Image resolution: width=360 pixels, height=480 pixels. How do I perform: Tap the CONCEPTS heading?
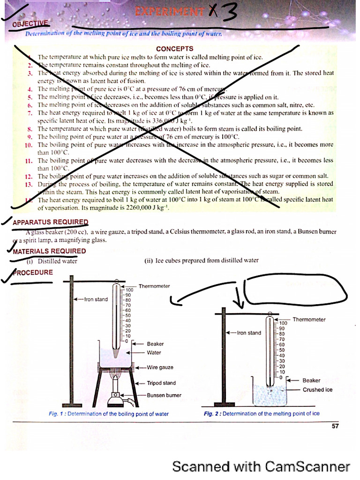(x=174, y=49)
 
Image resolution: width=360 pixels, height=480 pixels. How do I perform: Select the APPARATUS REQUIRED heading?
(x=50, y=222)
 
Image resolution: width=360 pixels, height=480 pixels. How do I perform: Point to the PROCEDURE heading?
(x=33, y=272)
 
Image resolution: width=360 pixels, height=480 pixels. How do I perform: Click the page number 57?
(x=334, y=426)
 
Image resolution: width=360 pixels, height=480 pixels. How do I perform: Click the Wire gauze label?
(x=160, y=367)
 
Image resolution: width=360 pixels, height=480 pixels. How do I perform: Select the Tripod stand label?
(x=161, y=383)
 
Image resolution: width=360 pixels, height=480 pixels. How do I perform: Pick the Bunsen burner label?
(x=164, y=395)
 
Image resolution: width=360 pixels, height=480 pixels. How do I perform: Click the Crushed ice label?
(x=317, y=390)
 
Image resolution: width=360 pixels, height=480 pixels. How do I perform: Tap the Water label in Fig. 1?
(x=154, y=352)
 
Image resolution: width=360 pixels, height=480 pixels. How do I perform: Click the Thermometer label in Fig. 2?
(x=309, y=320)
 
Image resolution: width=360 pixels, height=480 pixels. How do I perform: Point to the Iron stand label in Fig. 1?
(x=96, y=299)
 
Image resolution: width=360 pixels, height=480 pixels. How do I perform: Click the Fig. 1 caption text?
(x=109, y=414)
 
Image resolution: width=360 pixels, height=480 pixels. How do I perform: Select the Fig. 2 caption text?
(x=262, y=414)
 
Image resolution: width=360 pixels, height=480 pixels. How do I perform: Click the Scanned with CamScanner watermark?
(x=261, y=466)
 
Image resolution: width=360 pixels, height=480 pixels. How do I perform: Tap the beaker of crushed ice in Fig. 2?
(x=269, y=393)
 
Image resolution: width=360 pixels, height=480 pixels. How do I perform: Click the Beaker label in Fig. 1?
(x=155, y=344)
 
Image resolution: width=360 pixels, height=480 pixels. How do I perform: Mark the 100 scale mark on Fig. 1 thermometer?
(x=129, y=290)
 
